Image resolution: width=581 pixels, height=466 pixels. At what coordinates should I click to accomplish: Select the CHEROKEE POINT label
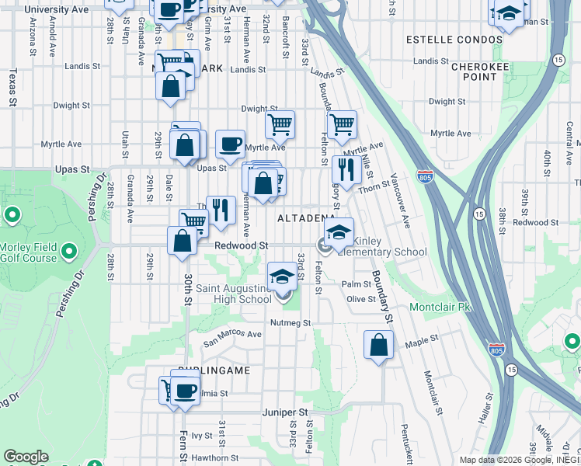tap(474, 71)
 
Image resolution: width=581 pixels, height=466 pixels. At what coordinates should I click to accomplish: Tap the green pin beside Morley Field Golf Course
tap(68, 252)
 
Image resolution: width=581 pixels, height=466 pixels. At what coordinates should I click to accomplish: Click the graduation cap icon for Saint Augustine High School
tap(282, 276)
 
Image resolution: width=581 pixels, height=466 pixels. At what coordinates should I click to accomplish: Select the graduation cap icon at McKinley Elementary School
tap(339, 232)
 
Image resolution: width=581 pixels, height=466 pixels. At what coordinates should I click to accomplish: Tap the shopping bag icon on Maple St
tap(378, 345)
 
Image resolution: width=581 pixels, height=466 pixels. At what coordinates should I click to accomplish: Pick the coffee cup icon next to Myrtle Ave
tap(230, 143)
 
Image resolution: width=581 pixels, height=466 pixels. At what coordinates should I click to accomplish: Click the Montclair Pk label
tap(440, 307)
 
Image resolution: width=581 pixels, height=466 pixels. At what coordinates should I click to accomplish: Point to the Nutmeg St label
tap(290, 322)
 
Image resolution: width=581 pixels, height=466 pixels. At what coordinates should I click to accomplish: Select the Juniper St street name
tap(285, 412)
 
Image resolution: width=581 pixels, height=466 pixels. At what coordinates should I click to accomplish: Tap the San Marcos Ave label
tap(232, 335)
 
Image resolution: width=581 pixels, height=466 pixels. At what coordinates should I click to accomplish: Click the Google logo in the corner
tap(26, 457)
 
